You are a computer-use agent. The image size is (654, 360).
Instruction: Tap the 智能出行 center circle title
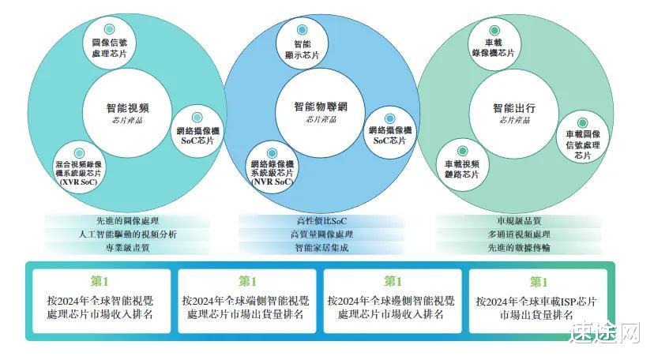[x=514, y=108]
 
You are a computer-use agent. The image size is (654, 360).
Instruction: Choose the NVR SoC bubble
[x=271, y=167]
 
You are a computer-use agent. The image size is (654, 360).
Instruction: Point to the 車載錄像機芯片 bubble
[x=494, y=43]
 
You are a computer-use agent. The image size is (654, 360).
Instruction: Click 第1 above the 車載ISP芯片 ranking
[x=539, y=282]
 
